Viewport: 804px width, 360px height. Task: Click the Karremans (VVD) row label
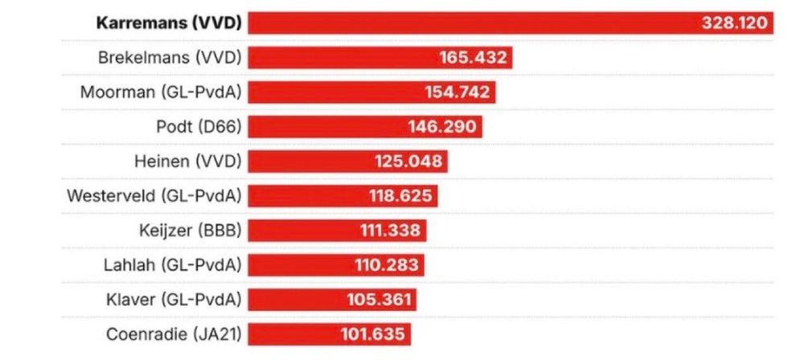point(168,22)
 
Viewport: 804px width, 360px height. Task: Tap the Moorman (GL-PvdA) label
point(161,92)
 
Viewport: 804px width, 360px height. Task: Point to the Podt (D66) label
point(199,126)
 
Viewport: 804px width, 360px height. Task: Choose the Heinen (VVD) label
point(187,162)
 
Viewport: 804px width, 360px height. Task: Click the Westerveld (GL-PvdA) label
point(154,196)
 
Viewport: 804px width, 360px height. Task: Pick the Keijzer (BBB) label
point(190,231)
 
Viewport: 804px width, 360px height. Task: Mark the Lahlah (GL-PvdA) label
point(173,265)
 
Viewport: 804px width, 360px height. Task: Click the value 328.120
point(734,22)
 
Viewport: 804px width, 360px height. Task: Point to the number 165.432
point(473,57)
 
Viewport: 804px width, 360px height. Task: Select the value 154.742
point(457,92)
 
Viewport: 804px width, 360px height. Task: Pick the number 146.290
point(444,126)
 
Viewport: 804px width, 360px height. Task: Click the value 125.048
point(408,162)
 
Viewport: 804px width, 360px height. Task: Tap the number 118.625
point(399,196)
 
